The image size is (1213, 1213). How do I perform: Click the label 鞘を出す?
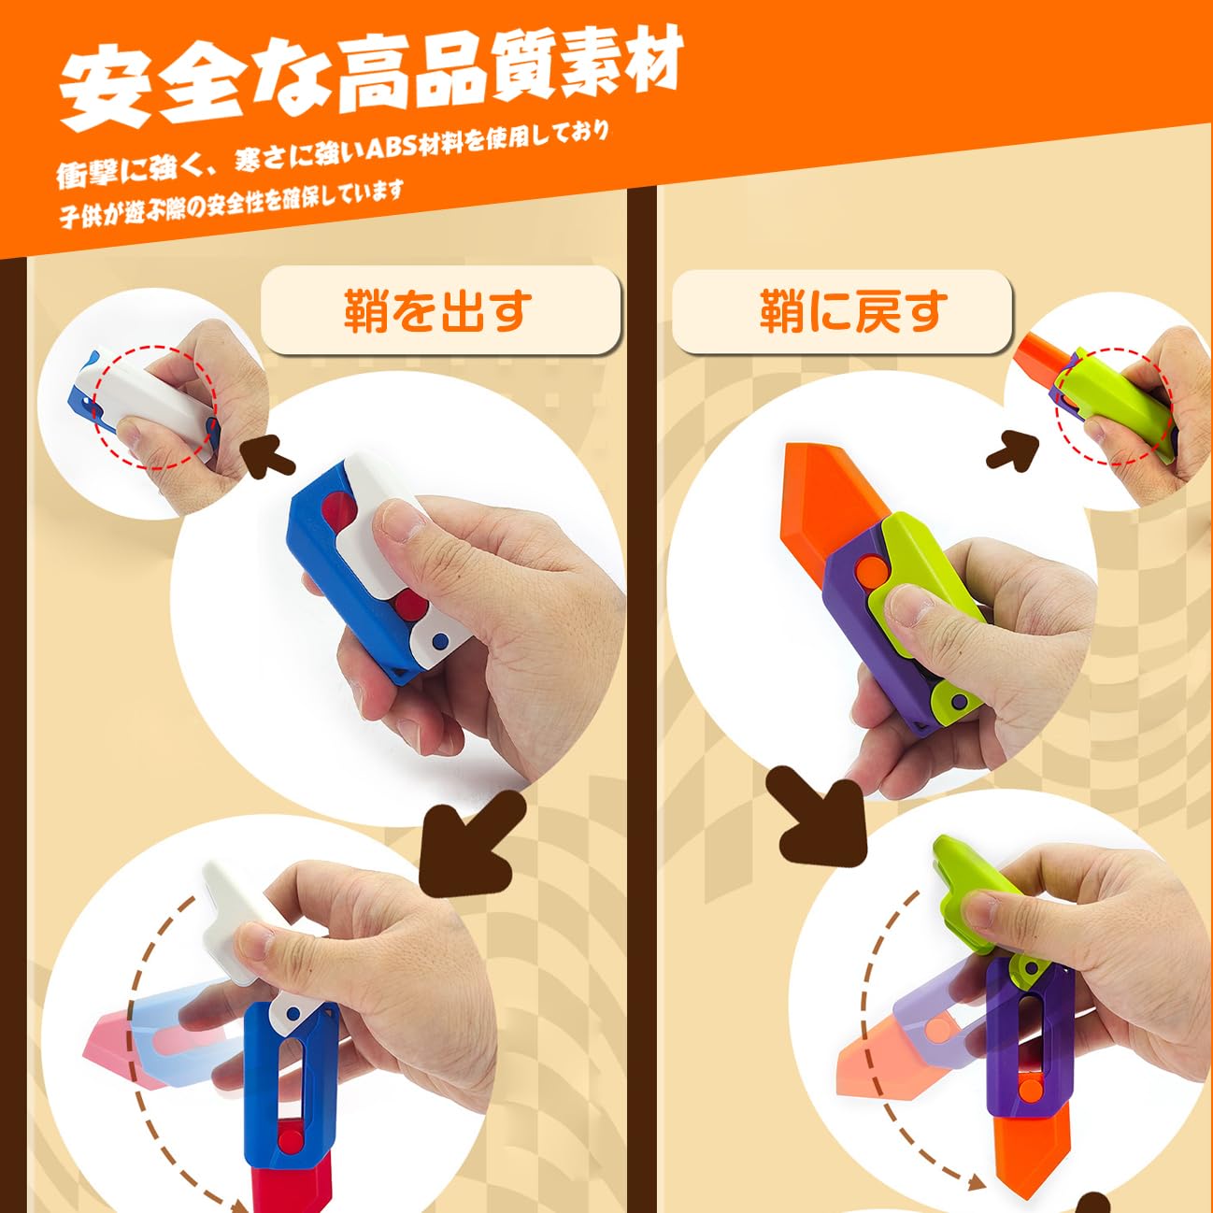coord(439,311)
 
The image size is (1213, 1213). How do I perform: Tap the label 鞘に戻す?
coord(852,311)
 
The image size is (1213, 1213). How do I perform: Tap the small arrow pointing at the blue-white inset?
coord(269,455)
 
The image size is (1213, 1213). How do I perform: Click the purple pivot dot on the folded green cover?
coord(958,703)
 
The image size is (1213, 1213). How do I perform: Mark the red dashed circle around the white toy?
coord(154,407)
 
